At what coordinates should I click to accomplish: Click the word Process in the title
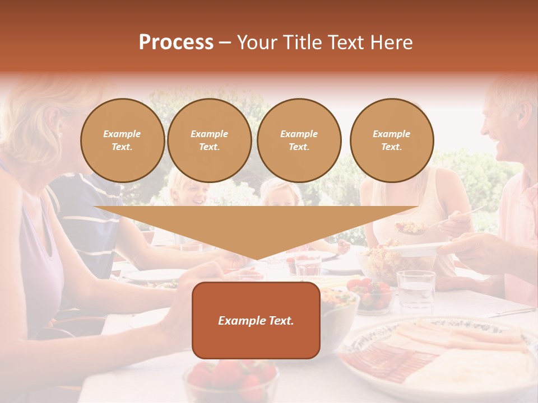click(176, 43)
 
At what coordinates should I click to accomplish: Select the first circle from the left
click(122, 140)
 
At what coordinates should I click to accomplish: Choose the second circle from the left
click(209, 140)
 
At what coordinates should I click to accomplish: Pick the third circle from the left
click(299, 140)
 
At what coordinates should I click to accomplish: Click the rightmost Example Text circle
click(391, 140)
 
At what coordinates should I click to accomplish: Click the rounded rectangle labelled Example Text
click(256, 320)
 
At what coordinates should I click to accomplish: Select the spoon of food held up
click(412, 227)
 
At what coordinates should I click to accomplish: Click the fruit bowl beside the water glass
click(370, 294)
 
